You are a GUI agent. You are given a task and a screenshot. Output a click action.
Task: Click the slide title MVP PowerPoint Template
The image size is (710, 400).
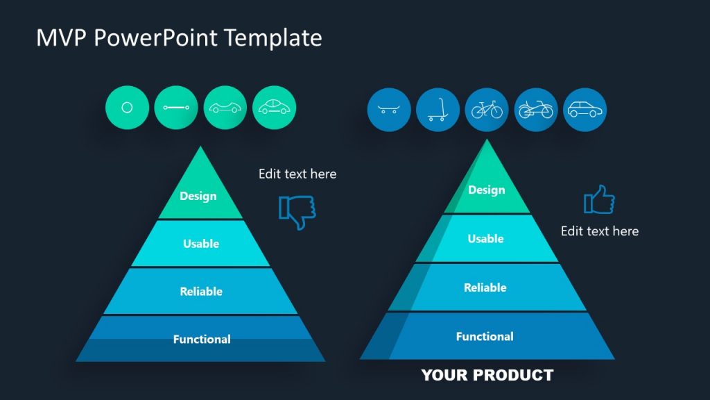[x=179, y=37]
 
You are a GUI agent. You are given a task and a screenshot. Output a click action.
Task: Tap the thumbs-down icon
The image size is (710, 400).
[x=297, y=211]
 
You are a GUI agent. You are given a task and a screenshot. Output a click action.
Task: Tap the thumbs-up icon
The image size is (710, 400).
[x=600, y=200]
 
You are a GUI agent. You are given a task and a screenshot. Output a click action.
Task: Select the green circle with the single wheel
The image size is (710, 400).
[x=127, y=108]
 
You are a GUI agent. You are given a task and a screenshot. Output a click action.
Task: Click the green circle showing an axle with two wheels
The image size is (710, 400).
[x=176, y=108]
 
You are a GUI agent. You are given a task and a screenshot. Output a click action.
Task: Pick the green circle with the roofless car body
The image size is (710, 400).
[x=225, y=108]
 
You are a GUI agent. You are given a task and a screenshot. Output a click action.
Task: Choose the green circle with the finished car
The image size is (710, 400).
[x=275, y=108]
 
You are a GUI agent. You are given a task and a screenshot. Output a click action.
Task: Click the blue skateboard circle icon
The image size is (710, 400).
[x=389, y=110]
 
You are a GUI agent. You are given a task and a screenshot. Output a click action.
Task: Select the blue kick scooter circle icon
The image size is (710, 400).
[x=438, y=110]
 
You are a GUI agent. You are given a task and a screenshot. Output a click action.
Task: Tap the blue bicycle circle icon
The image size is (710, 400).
[x=487, y=110]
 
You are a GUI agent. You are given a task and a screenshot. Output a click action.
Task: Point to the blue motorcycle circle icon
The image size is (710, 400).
[x=536, y=110]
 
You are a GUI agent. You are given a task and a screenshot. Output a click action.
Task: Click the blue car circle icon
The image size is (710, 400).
[x=585, y=110]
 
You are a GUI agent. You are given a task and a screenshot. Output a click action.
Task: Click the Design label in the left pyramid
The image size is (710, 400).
[x=198, y=196]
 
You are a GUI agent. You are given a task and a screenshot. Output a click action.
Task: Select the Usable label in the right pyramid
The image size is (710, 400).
[x=485, y=238]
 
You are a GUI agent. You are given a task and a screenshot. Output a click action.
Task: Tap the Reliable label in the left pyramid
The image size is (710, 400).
[x=201, y=292]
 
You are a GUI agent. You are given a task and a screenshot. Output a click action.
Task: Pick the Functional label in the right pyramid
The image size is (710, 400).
[x=485, y=336]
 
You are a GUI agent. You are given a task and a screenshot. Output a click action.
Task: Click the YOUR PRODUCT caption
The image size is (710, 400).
[x=487, y=376]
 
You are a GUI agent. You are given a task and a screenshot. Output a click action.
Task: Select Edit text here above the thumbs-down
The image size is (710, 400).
[x=297, y=174]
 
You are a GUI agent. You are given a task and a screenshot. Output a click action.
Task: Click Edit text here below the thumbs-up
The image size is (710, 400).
[x=600, y=231]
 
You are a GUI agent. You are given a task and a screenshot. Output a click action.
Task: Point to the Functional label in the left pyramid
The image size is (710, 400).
[x=202, y=339]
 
